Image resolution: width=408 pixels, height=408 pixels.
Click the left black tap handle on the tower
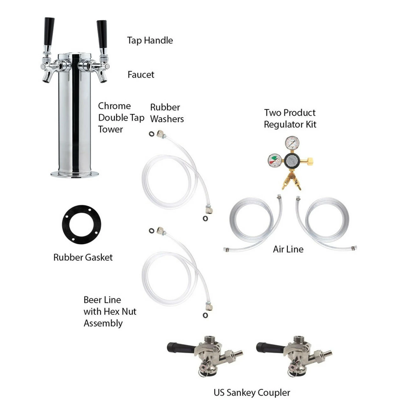pos(49,31)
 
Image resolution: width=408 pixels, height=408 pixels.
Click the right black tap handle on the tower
pos(102,34)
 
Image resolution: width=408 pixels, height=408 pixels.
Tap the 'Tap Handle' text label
pos(150,40)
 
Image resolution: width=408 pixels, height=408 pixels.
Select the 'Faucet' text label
pos(141,75)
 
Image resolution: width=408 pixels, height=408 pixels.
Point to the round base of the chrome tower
pos(75,174)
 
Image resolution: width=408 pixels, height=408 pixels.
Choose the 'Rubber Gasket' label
pos(83,258)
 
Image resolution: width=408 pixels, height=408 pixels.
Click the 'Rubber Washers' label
pos(167,113)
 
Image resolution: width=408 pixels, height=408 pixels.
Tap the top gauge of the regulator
pos(292,143)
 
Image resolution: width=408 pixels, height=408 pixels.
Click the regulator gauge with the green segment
pos(275,161)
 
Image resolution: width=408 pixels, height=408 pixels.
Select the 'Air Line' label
pos(288,249)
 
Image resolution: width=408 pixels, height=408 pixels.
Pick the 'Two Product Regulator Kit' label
pos(290,119)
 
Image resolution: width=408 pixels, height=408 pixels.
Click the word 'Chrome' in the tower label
pos(114,106)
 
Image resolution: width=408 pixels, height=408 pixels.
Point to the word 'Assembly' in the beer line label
pos(103,324)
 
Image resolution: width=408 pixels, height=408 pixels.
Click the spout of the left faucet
pos(47,78)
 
